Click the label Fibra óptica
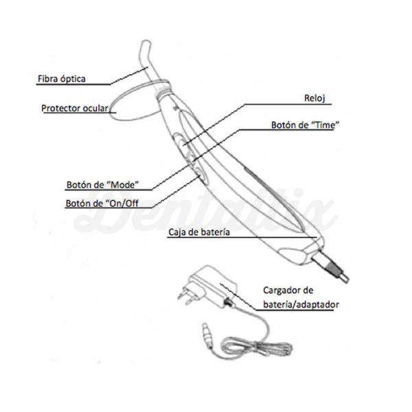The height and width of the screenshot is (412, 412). pos(62,79)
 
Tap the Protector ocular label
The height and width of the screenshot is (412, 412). pos(75,108)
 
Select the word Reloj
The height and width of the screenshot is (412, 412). pos(314,98)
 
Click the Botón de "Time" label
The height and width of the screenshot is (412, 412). pos(305,125)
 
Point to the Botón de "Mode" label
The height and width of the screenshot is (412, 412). pos(102,185)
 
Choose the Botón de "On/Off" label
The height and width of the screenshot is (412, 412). pos(102,203)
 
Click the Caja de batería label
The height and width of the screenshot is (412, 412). pos(199,232)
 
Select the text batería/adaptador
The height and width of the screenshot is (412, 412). pos(301,304)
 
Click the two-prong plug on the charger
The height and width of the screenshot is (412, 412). pos(187,295)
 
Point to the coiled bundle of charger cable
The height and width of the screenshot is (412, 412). pos(256,349)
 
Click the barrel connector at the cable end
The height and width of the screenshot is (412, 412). pos(207,334)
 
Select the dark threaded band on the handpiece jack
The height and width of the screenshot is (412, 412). pos(332,268)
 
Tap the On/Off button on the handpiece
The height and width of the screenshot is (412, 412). pos(201,176)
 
